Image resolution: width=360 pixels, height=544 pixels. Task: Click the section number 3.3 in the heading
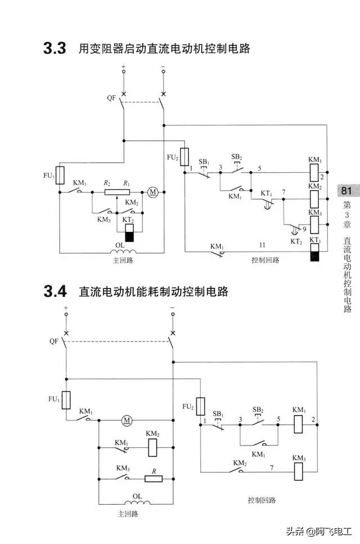click(x=55, y=49)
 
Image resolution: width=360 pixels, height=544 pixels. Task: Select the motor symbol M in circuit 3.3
click(x=152, y=192)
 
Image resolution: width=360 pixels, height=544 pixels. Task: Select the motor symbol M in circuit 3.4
click(x=127, y=420)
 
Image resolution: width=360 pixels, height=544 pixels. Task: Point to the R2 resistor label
click(x=107, y=183)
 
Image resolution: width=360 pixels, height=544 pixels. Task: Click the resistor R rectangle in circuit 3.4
click(x=154, y=479)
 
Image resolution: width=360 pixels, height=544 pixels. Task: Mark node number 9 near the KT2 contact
click(x=304, y=229)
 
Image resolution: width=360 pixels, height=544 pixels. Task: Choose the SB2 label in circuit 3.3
click(x=237, y=156)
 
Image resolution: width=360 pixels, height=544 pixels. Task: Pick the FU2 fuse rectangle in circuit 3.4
click(x=200, y=406)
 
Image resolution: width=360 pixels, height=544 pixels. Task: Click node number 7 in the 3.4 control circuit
click(x=272, y=467)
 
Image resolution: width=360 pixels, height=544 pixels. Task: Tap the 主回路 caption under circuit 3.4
click(x=128, y=514)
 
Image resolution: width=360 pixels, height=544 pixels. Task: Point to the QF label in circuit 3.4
click(x=54, y=341)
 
